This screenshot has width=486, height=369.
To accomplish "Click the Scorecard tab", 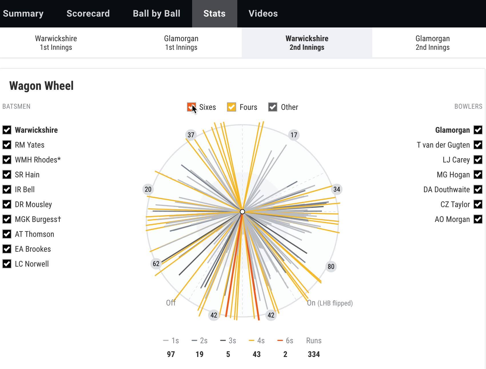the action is (x=88, y=13).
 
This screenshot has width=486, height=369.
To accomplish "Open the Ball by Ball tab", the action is (x=156, y=13).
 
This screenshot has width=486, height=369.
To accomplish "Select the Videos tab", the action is (x=263, y=13).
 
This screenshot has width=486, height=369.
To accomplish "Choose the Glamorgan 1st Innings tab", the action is (x=181, y=43).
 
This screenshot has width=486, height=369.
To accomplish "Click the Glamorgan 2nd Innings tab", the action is (x=433, y=43).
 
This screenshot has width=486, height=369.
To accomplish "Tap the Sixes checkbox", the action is (x=191, y=107).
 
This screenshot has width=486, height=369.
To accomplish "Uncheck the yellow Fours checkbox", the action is (x=232, y=107).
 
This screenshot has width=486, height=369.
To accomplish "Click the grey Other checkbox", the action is (x=273, y=107).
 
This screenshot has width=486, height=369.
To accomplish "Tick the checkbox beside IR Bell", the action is (x=7, y=189).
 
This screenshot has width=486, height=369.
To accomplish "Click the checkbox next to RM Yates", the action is (x=7, y=145).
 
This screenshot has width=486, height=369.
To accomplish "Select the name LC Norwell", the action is (x=32, y=264).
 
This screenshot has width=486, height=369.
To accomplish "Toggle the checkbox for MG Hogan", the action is (x=478, y=174).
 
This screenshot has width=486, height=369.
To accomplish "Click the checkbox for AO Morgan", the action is (x=478, y=219).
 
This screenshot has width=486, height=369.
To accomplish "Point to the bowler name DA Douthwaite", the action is (x=447, y=189).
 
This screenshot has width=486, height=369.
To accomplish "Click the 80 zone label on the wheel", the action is (x=331, y=267).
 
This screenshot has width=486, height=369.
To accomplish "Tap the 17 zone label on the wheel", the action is (x=294, y=135).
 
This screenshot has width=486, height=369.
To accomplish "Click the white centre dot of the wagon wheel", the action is (x=242, y=212).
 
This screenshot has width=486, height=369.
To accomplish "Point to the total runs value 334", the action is (x=314, y=354).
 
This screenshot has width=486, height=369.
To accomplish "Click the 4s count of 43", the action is (x=257, y=354).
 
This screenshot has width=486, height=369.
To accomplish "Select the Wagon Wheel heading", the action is (x=41, y=86).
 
